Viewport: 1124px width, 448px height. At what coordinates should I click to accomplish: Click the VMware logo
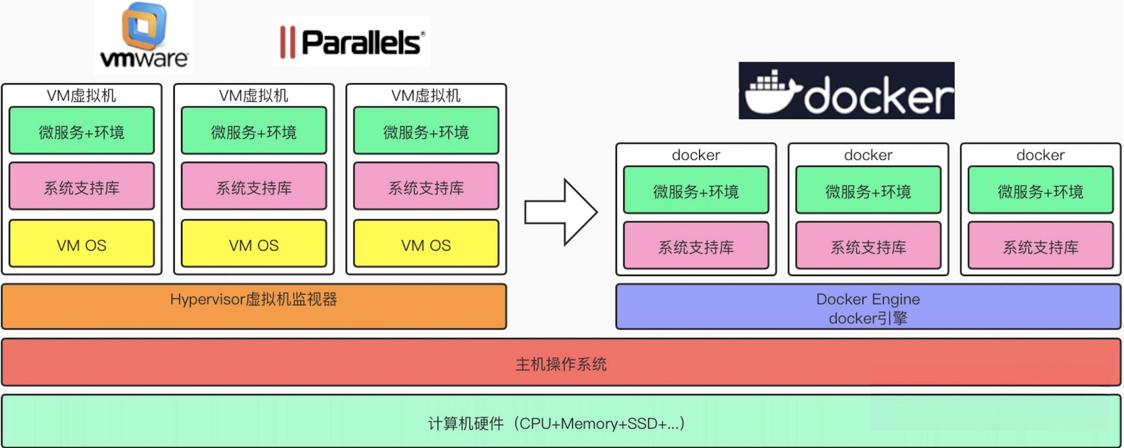point(143,38)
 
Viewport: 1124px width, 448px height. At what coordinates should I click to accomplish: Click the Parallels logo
point(351,42)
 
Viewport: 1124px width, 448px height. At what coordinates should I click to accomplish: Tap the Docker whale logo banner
point(846,91)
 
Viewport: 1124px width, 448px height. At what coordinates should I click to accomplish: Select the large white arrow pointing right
point(561,212)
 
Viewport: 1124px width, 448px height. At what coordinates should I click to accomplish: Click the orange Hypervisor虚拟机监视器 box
point(254,307)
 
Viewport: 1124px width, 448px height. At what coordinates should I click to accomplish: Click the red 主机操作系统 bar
point(561,363)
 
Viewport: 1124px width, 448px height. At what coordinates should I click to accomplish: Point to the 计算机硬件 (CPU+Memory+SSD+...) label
point(556,423)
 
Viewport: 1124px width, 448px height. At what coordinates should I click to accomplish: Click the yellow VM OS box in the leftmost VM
point(82,244)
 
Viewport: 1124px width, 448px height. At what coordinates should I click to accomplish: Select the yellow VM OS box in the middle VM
point(254,244)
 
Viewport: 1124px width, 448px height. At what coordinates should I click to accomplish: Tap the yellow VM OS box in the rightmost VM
point(426,244)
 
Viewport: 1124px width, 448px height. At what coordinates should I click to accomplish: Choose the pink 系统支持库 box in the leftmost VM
point(82,187)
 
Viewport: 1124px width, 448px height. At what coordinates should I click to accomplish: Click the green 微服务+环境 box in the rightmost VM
point(426,131)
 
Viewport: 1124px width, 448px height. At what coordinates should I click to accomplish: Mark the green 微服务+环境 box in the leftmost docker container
point(696,190)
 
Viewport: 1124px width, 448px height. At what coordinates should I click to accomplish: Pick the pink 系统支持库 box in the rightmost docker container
point(1040,246)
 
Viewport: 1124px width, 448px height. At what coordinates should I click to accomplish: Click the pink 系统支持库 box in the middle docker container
point(868,246)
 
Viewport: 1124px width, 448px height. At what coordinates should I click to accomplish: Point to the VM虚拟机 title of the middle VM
point(253,96)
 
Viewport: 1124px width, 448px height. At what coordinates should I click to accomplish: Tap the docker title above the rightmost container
point(1040,155)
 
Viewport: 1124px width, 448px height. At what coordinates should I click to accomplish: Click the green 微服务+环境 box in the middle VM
point(254,131)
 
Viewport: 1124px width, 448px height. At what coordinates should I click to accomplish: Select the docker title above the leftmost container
point(696,155)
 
